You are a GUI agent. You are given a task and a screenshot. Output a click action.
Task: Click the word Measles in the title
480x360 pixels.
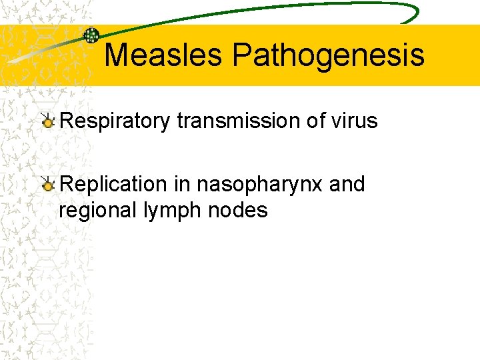click(x=163, y=55)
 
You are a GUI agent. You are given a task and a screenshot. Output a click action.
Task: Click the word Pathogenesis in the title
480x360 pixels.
click(x=328, y=55)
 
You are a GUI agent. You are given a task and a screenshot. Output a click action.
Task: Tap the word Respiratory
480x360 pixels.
click(x=115, y=121)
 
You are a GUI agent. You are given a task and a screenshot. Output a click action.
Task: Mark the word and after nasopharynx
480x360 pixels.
click(x=347, y=184)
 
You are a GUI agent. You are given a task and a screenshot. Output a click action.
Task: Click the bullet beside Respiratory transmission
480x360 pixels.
click(x=48, y=121)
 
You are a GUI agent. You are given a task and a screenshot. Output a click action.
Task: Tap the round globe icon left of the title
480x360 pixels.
click(x=91, y=36)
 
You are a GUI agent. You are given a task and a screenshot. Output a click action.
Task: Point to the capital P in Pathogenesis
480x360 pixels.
click(x=240, y=55)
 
